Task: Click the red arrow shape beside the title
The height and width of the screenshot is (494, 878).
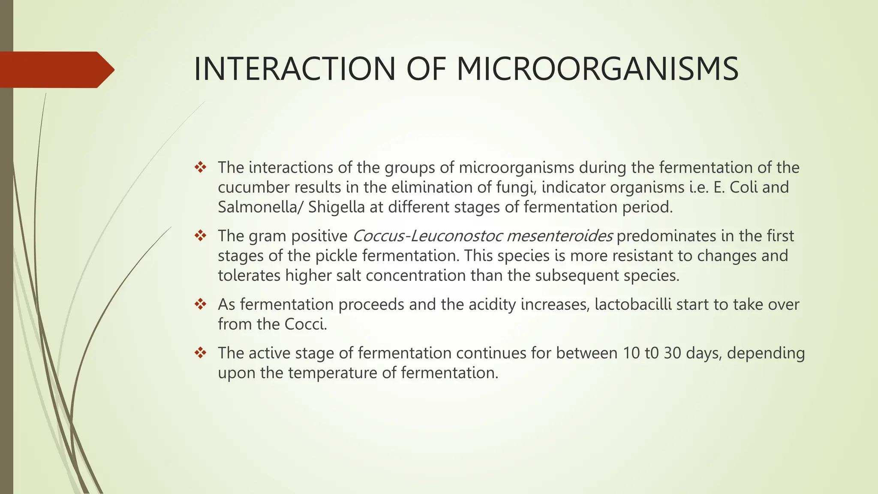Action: [56, 70]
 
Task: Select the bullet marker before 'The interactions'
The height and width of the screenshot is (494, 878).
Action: [200, 167]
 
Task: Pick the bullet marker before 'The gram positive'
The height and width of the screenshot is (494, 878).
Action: [200, 235]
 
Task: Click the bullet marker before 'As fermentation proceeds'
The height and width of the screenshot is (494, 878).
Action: [200, 304]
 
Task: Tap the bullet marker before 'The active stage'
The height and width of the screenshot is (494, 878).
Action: [200, 353]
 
